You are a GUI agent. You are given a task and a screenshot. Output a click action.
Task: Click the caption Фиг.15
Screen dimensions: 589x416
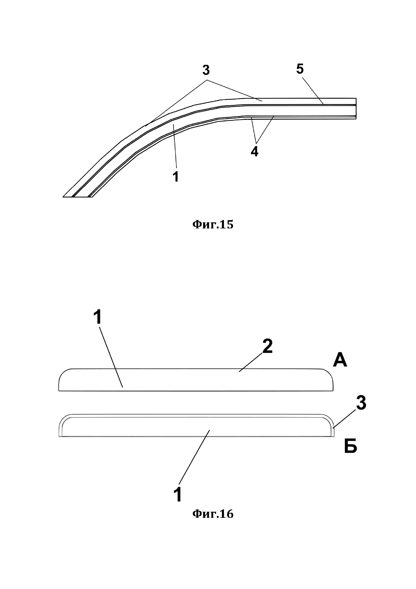(x=213, y=225)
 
